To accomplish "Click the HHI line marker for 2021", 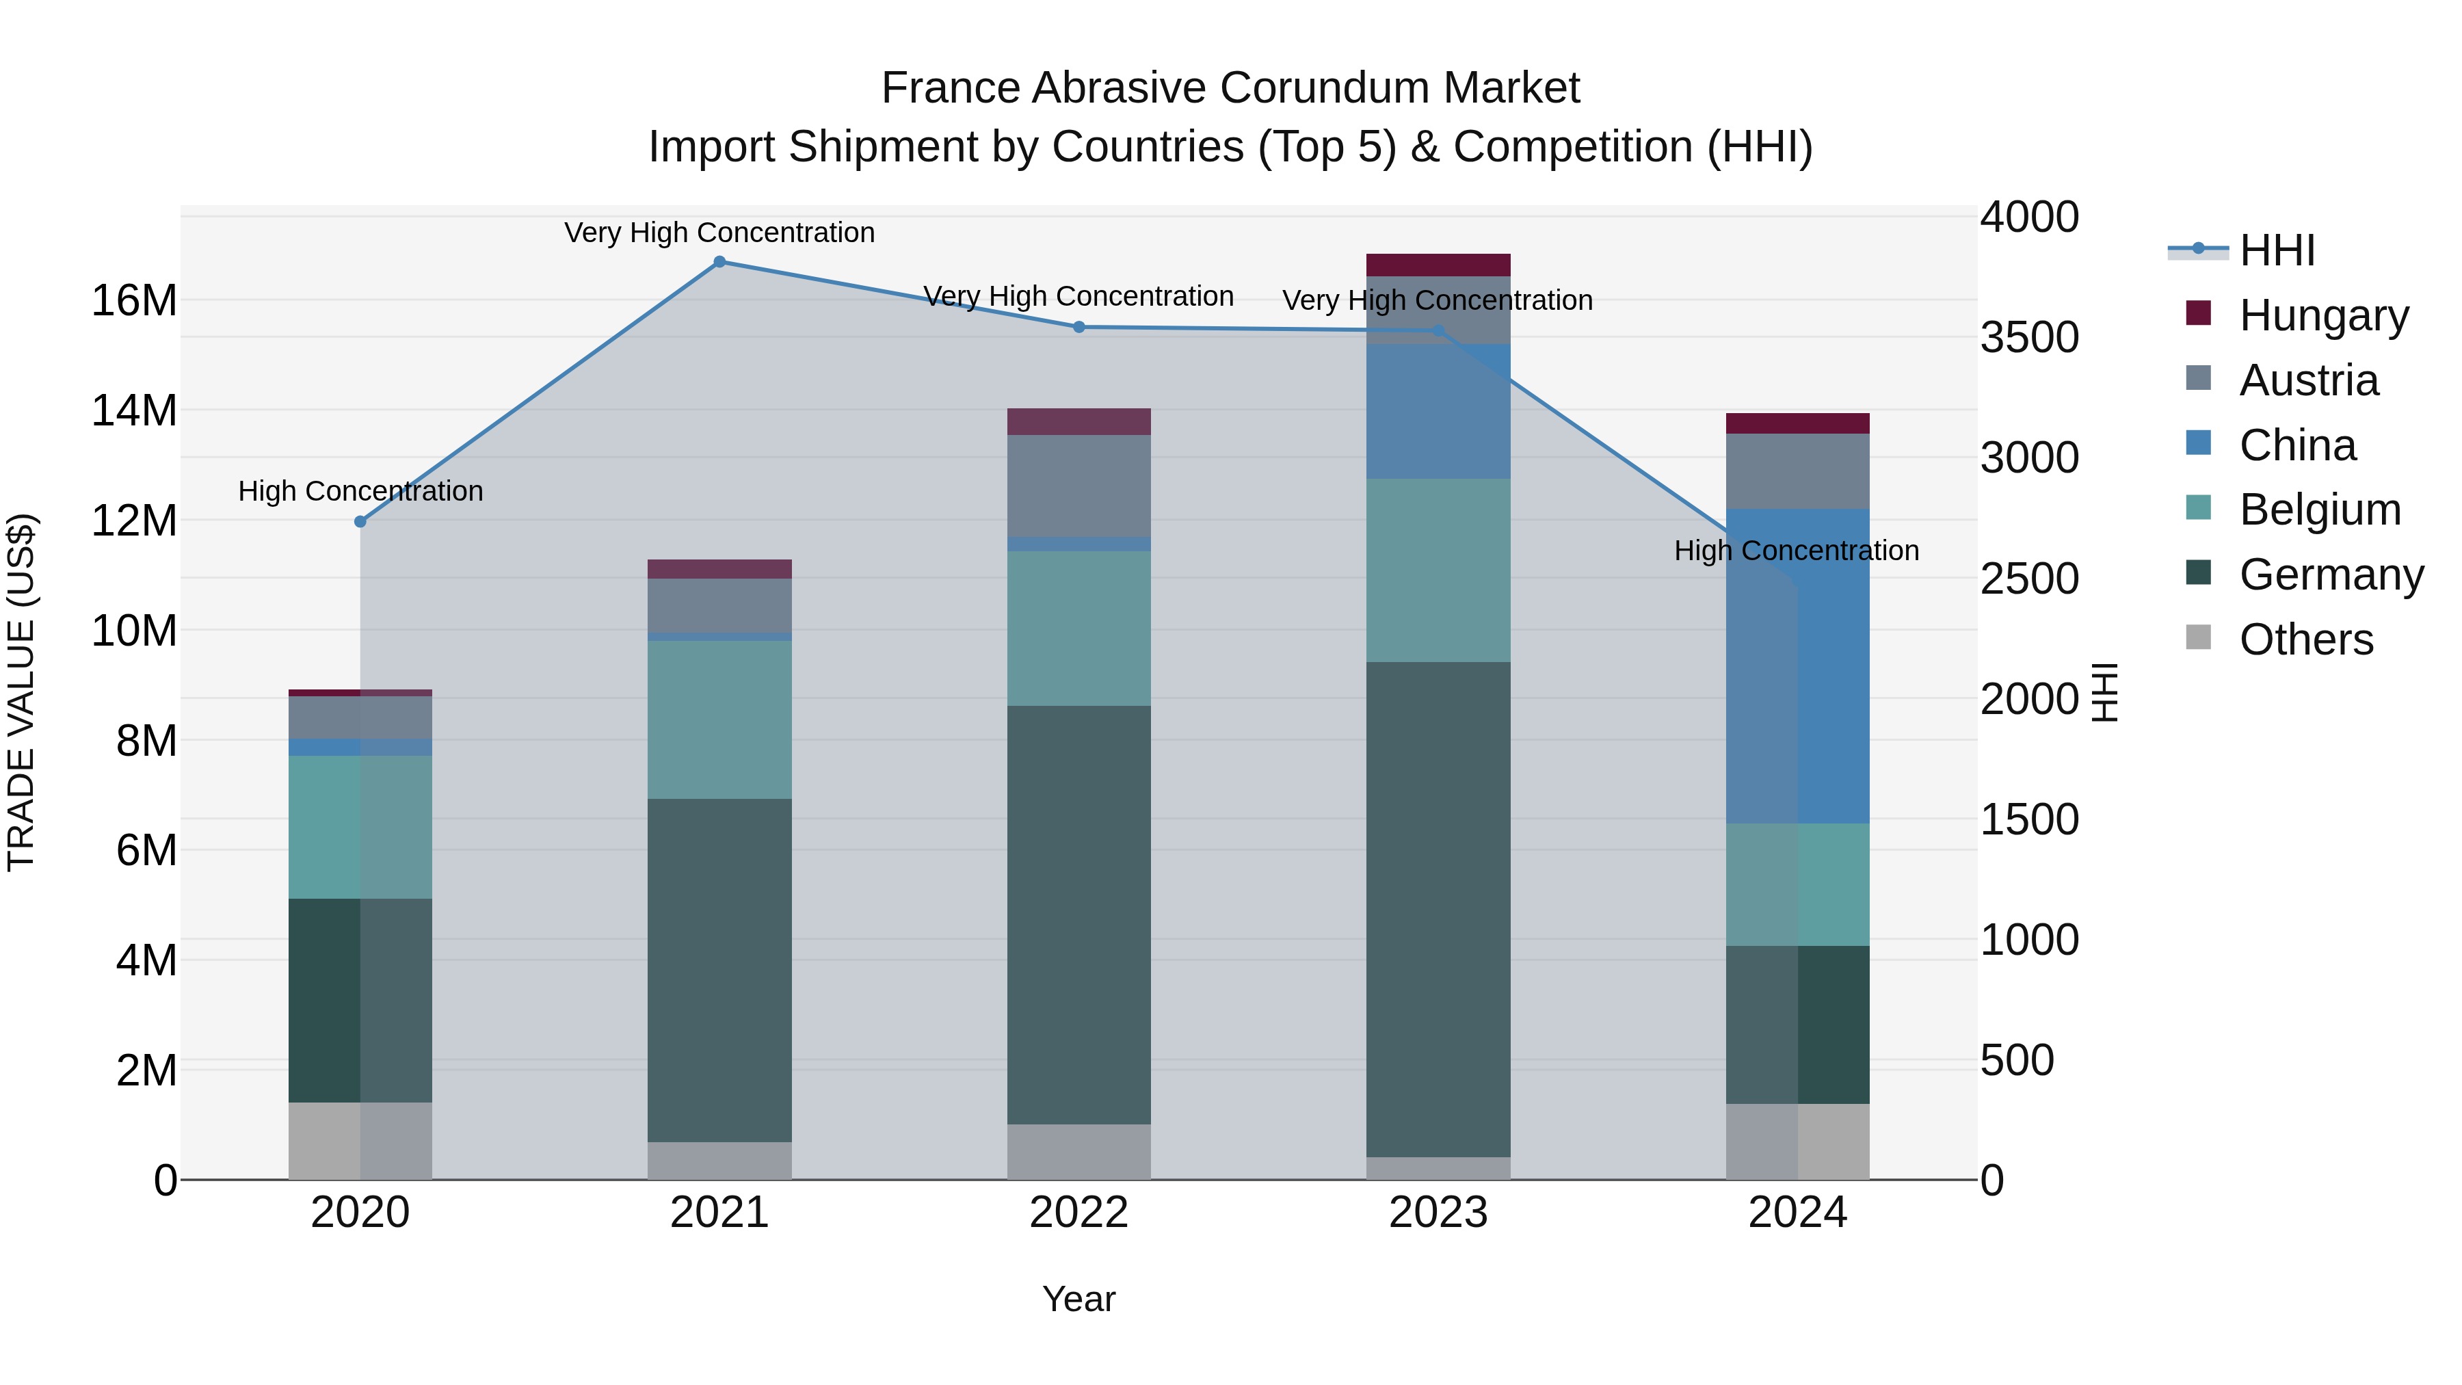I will [x=719, y=262].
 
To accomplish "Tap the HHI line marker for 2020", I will [x=360, y=522].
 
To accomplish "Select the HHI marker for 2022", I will [x=1079, y=327].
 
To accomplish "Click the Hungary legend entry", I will [x=2322, y=315].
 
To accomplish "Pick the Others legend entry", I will [x=2305, y=639].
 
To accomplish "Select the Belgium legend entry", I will [x=2320, y=510].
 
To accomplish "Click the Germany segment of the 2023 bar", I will [x=1438, y=908].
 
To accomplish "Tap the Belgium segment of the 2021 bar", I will [x=719, y=720].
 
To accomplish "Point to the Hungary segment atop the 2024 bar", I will [x=1798, y=423].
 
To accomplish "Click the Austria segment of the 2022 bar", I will [x=1079, y=486].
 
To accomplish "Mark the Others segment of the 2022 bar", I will [x=1079, y=1152].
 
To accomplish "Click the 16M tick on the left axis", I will [x=134, y=301].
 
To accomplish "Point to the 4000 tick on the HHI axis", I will [x=2029, y=217].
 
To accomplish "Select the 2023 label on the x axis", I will [x=1438, y=1213].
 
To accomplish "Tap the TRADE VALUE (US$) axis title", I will [x=21, y=692].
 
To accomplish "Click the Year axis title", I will [x=1079, y=1299].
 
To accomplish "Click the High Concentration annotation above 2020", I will [x=360, y=491].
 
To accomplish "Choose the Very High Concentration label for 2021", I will [x=719, y=233].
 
